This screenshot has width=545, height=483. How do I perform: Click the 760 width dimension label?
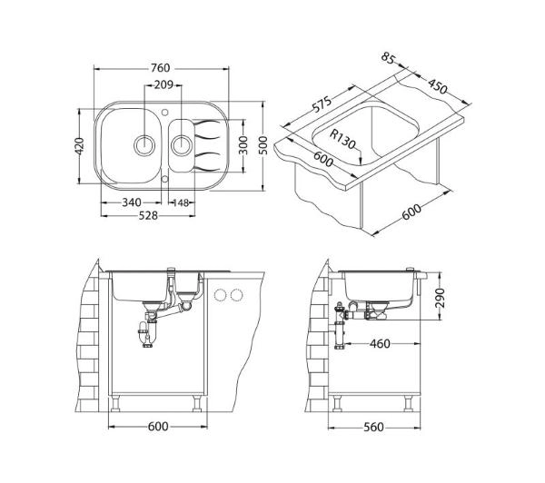coord(160,68)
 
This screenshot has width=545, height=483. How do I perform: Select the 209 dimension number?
coord(163,84)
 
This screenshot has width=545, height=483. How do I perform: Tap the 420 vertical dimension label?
coord(80,146)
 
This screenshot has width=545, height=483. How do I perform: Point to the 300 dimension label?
coord(243,145)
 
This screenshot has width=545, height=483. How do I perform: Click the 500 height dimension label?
coord(263,145)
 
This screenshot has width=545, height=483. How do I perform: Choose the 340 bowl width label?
coord(132,202)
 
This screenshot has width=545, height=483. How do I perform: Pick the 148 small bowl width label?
coord(181,202)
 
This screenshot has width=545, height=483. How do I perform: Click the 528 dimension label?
coord(148,216)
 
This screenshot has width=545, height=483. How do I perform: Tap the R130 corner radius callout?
coord(342,139)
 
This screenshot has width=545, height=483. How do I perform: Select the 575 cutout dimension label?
coord(322,103)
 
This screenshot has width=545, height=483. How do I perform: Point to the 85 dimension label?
coord(388,58)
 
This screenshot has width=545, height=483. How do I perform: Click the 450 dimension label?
coord(438,86)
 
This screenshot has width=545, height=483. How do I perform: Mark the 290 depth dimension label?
coord(440,298)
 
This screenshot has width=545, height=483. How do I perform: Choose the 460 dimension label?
coord(380,344)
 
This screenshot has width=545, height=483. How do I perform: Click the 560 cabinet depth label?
coord(373,427)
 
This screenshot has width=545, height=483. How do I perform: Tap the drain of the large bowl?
coord(144,145)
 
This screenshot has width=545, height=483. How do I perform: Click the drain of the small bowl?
coord(182,145)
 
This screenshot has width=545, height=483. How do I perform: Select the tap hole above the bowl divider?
coord(165,112)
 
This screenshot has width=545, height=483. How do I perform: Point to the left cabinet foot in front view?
coord(115,404)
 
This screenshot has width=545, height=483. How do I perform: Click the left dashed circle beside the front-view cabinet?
coord(221,295)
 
